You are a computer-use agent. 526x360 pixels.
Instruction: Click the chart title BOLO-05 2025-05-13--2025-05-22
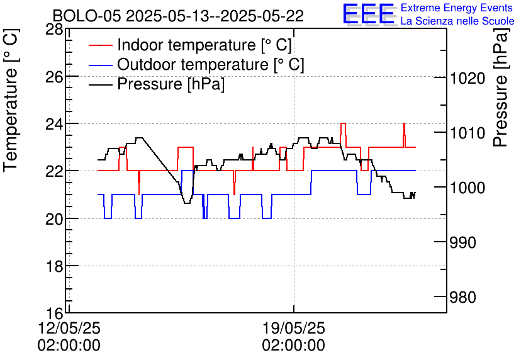(x=178, y=16)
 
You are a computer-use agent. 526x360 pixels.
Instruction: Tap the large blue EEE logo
(x=369, y=14)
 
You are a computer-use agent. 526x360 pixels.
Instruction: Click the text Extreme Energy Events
(x=457, y=8)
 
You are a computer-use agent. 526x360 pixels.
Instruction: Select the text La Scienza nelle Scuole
(x=457, y=21)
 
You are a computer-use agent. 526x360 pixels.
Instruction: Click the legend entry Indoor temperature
(x=204, y=45)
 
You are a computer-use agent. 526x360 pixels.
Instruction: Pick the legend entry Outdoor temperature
(x=210, y=65)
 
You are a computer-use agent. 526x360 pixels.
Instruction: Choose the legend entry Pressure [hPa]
(x=171, y=84)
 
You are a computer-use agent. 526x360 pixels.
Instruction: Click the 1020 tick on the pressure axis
(x=467, y=78)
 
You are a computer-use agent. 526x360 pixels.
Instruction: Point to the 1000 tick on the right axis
(x=467, y=188)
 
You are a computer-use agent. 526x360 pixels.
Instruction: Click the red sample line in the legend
(x=101, y=45)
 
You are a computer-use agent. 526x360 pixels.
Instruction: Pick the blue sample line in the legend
(x=101, y=65)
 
